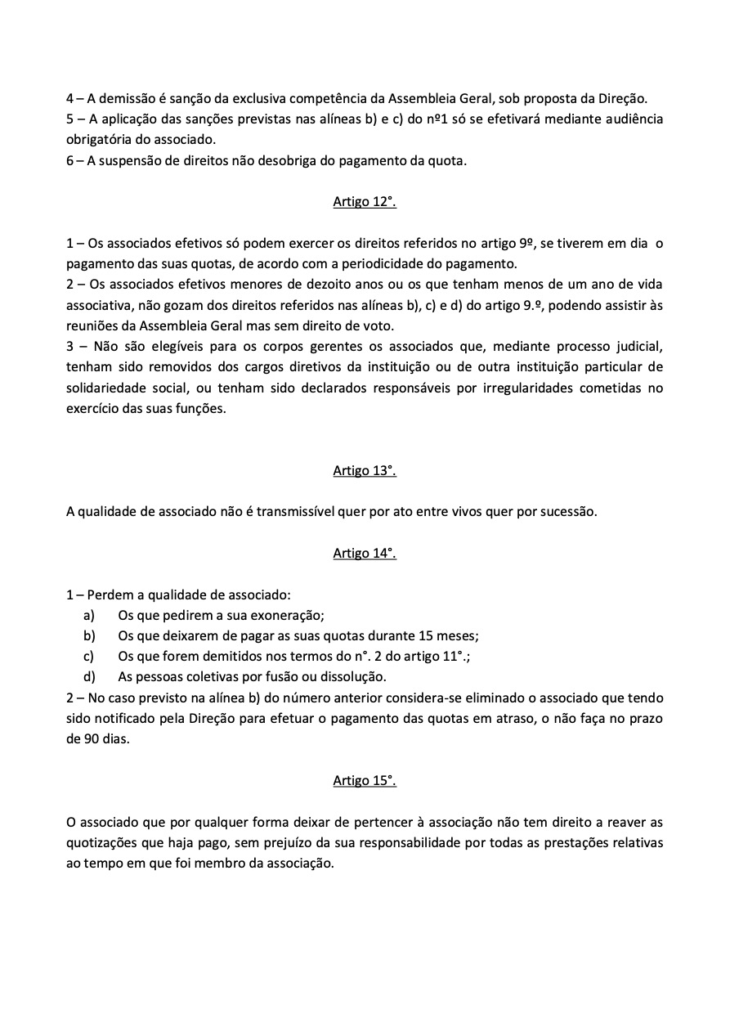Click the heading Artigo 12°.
365,202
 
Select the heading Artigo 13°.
365,470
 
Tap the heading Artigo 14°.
365,554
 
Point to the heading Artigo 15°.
365,780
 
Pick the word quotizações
102,844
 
